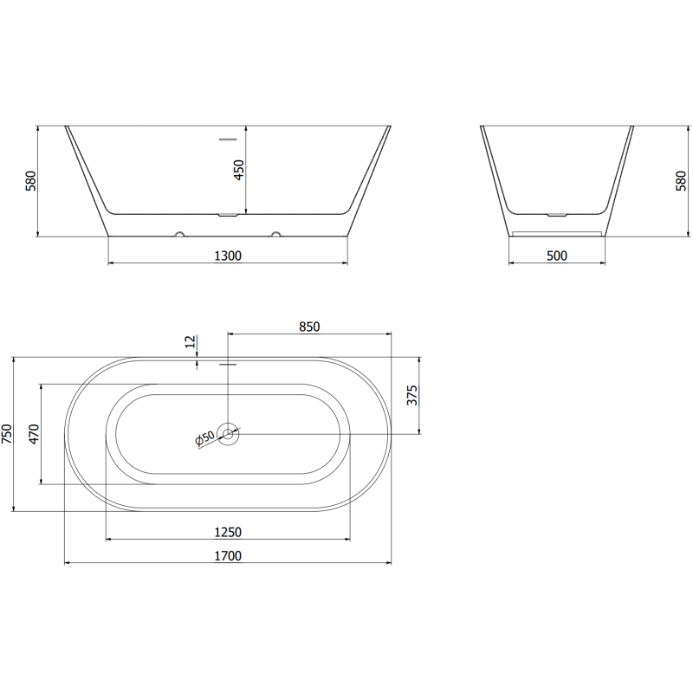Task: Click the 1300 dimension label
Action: [227, 255]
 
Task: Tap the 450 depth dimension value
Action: [240, 170]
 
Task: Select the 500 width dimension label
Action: [557, 255]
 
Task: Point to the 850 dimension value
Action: [309, 327]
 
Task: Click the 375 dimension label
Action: [412, 396]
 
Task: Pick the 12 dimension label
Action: [189, 343]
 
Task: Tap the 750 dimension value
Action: [8, 433]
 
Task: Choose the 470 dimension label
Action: [35, 433]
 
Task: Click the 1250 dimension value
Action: [227, 532]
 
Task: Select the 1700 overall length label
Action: [227, 555]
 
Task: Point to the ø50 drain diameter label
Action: [205, 440]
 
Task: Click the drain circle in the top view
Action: [229, 433]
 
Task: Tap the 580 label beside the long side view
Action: [32, 180]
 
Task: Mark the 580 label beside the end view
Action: [680, 180]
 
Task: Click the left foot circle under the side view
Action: [180, 233]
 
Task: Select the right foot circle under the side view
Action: [275, 233]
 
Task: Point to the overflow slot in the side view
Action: [228, 138]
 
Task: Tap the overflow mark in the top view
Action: [228, 365]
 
